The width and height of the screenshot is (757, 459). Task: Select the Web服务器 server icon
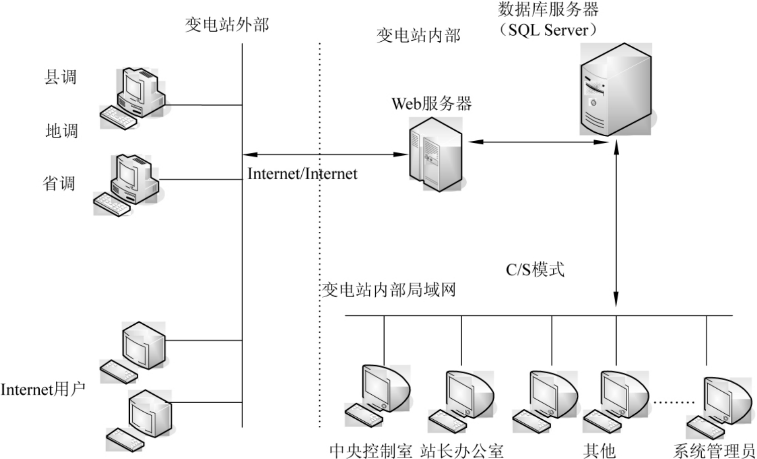tap(435, 154)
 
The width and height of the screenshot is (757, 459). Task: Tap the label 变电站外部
tap(227, 24)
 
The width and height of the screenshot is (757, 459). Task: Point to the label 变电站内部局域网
tap(389, 290)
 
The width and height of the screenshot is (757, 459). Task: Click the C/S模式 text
tap(535, 269)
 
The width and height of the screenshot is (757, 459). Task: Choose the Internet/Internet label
tap(302, 174)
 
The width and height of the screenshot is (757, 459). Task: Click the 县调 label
tap(60, 77)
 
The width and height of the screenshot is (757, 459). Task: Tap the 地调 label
tap(61, 131)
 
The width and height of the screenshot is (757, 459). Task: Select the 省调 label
tap(59, 183)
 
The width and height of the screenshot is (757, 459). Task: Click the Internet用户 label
tap(43, 389)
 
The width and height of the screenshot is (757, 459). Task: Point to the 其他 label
tap(600, 450)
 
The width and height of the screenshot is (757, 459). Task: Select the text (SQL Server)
tap(548, 30)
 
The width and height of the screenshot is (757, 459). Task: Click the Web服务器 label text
tap(432, 104)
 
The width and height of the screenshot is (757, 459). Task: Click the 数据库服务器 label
tap(548, 9)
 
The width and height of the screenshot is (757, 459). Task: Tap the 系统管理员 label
tap(714, 450)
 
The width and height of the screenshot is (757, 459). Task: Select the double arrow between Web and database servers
tap(538, 142)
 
